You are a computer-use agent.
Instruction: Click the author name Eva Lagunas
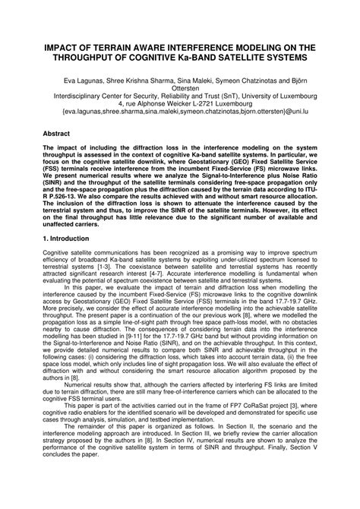[x=84, y=78]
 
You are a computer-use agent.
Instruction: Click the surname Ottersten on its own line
[x=180, y=87]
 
